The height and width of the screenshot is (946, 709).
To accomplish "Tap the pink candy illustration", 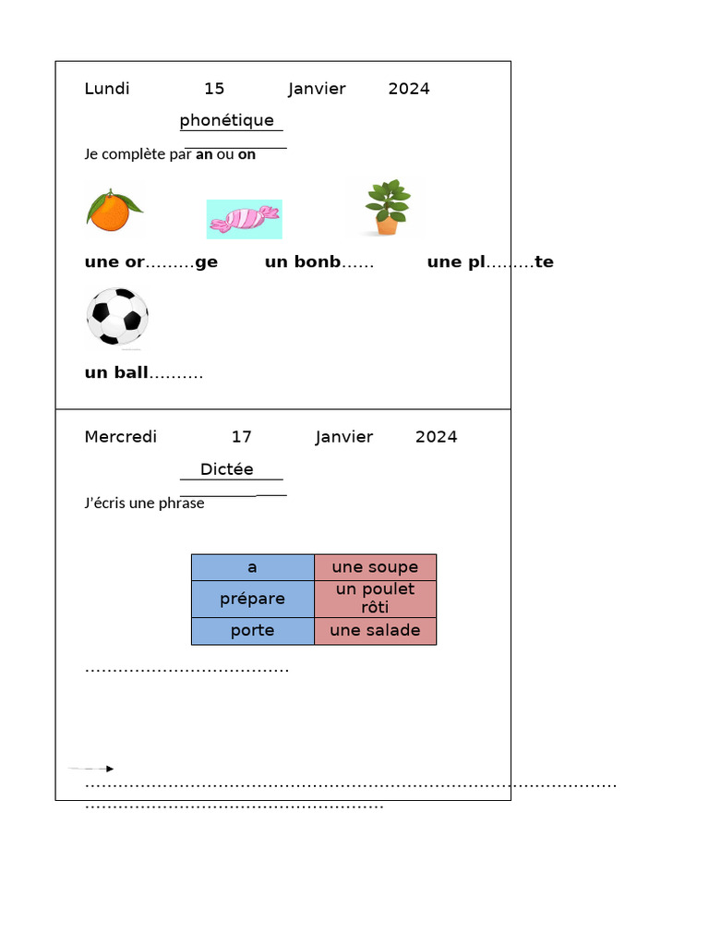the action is point(244,219).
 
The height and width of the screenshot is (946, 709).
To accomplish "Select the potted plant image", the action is point(387,207).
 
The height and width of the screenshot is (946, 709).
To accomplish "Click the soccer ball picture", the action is point(117,318).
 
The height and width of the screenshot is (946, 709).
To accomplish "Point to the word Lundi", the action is point(107,89).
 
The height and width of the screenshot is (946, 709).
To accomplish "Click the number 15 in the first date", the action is point(214,89).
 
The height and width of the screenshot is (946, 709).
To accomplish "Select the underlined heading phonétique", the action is point(227,120).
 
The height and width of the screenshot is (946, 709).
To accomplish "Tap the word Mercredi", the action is point(121,437).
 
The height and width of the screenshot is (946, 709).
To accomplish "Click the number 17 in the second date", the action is point(242,437).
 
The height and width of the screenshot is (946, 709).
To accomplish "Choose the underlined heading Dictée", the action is point(227,468).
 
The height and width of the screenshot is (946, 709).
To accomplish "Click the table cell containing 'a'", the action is point(253,567).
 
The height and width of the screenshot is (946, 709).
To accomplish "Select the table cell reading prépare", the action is point(253,599).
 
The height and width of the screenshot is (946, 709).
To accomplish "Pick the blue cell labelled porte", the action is point(253,630).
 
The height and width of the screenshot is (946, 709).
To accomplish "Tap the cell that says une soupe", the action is point(375,567).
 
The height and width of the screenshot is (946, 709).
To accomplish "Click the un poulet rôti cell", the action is point(375,599).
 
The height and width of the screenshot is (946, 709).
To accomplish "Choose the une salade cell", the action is point(375,630).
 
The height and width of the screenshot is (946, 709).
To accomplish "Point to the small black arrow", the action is point(90,769).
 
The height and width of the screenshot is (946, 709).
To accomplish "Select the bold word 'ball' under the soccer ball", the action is point(131,372).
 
